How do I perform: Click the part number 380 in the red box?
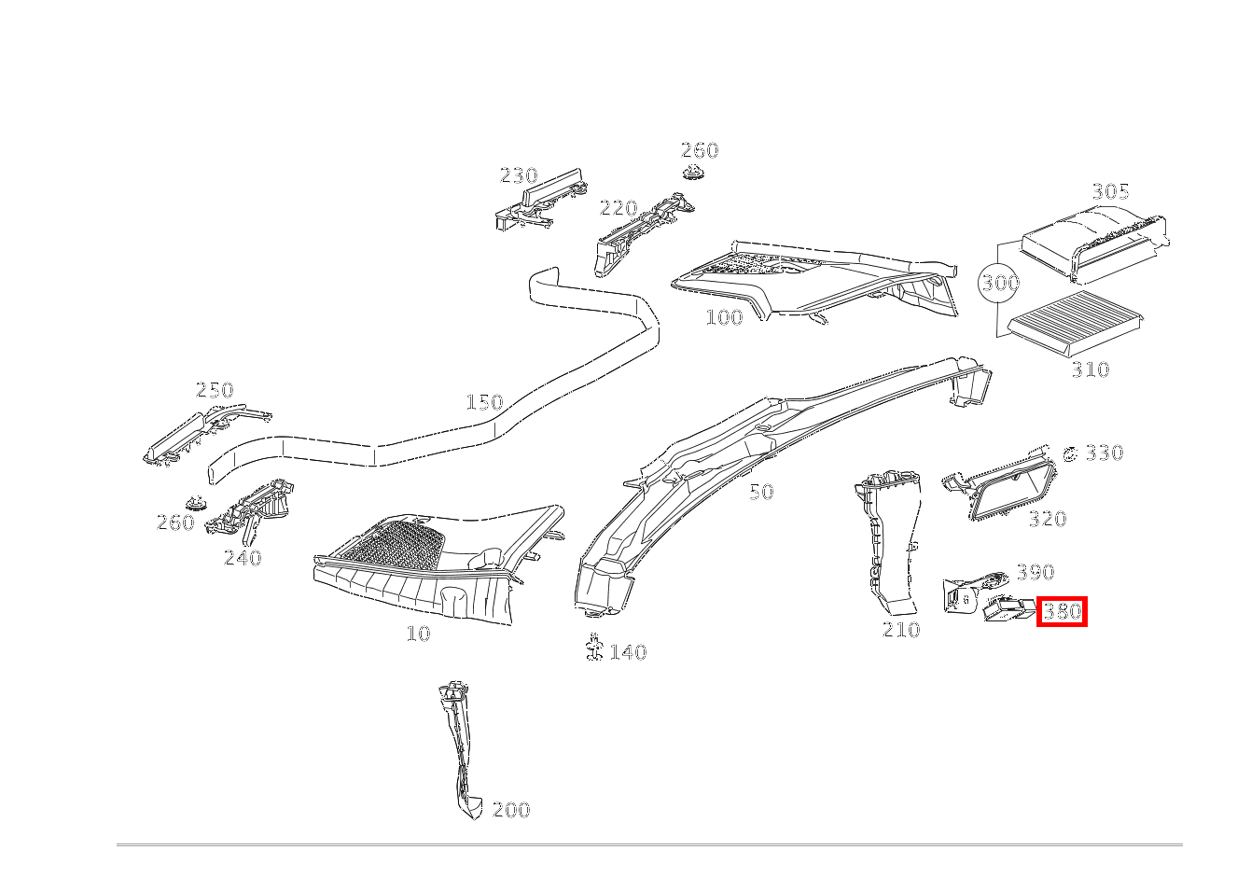[1062, 612]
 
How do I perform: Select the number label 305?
[1110, 192]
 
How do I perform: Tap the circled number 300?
[999, 283]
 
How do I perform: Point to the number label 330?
[1104, 453]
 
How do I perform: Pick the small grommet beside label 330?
[1070, 454]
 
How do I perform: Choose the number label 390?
[1035, 572]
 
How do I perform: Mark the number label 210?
[901, 631]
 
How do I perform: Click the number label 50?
[761, 493]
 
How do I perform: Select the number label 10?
[418, 634]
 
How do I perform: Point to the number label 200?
[510, 810]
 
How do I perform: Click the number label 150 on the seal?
[484, 403]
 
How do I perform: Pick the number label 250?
[215, 390]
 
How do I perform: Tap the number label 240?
[243, 558]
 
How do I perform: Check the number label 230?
[519, 175]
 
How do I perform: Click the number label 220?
[618, 209]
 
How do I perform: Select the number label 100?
[724, 317]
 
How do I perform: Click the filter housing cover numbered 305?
[1091, 238]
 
